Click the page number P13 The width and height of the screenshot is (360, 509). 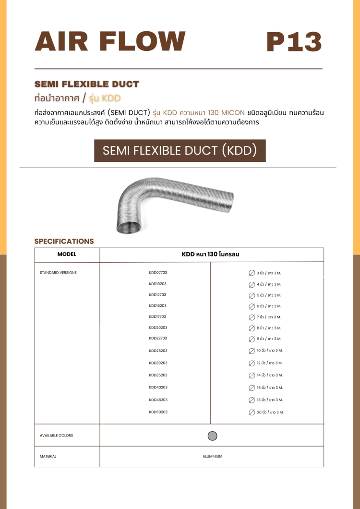294,42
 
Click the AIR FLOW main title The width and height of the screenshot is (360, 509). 110,41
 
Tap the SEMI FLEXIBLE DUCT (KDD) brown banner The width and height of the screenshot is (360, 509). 180,151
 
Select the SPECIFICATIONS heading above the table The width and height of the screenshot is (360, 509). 64,242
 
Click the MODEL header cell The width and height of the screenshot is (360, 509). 67,254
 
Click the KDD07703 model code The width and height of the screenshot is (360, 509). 158,273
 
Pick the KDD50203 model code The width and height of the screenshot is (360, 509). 158,412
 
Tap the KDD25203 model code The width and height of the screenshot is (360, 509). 158,351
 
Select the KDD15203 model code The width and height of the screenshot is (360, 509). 158,305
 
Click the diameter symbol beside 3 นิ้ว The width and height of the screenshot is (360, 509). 252,273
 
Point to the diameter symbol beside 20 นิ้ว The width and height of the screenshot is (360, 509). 252,412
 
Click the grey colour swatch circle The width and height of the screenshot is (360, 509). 213,436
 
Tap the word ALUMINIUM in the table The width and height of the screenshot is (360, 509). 212,457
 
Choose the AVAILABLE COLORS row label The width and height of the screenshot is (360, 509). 56,436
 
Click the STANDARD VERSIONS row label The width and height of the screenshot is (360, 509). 58,273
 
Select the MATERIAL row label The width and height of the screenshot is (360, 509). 48,457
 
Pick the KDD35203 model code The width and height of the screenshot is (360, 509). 158,375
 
